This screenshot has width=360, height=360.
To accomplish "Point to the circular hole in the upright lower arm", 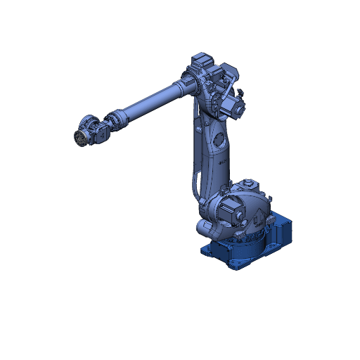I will [x=220, y=138].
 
